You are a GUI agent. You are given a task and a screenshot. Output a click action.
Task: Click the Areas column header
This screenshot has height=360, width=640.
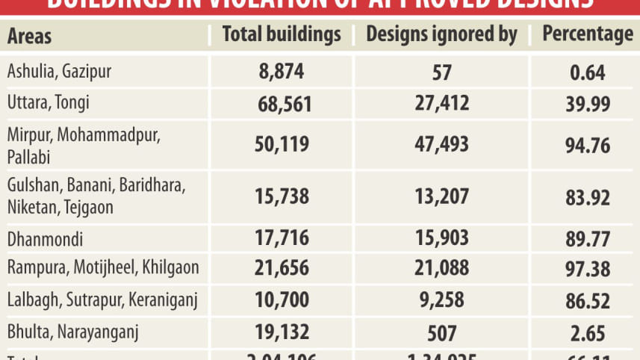30,36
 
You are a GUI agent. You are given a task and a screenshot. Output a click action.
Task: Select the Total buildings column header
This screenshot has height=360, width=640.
282,34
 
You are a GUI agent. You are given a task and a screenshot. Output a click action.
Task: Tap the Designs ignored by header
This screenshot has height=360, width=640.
441,34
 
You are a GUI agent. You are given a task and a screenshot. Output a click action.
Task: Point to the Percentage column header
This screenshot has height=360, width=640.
587,34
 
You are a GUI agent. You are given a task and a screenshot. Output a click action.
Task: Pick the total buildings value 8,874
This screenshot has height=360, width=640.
282,72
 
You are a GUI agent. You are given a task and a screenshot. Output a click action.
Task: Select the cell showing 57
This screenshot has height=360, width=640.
441,72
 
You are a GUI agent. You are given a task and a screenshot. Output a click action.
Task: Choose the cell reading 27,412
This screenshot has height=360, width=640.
441,102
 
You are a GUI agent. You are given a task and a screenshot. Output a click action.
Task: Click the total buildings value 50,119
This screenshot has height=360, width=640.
282,144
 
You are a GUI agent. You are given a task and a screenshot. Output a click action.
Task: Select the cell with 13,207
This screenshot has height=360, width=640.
441,196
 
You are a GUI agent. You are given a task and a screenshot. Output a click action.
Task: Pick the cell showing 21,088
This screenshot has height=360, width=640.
441,269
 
